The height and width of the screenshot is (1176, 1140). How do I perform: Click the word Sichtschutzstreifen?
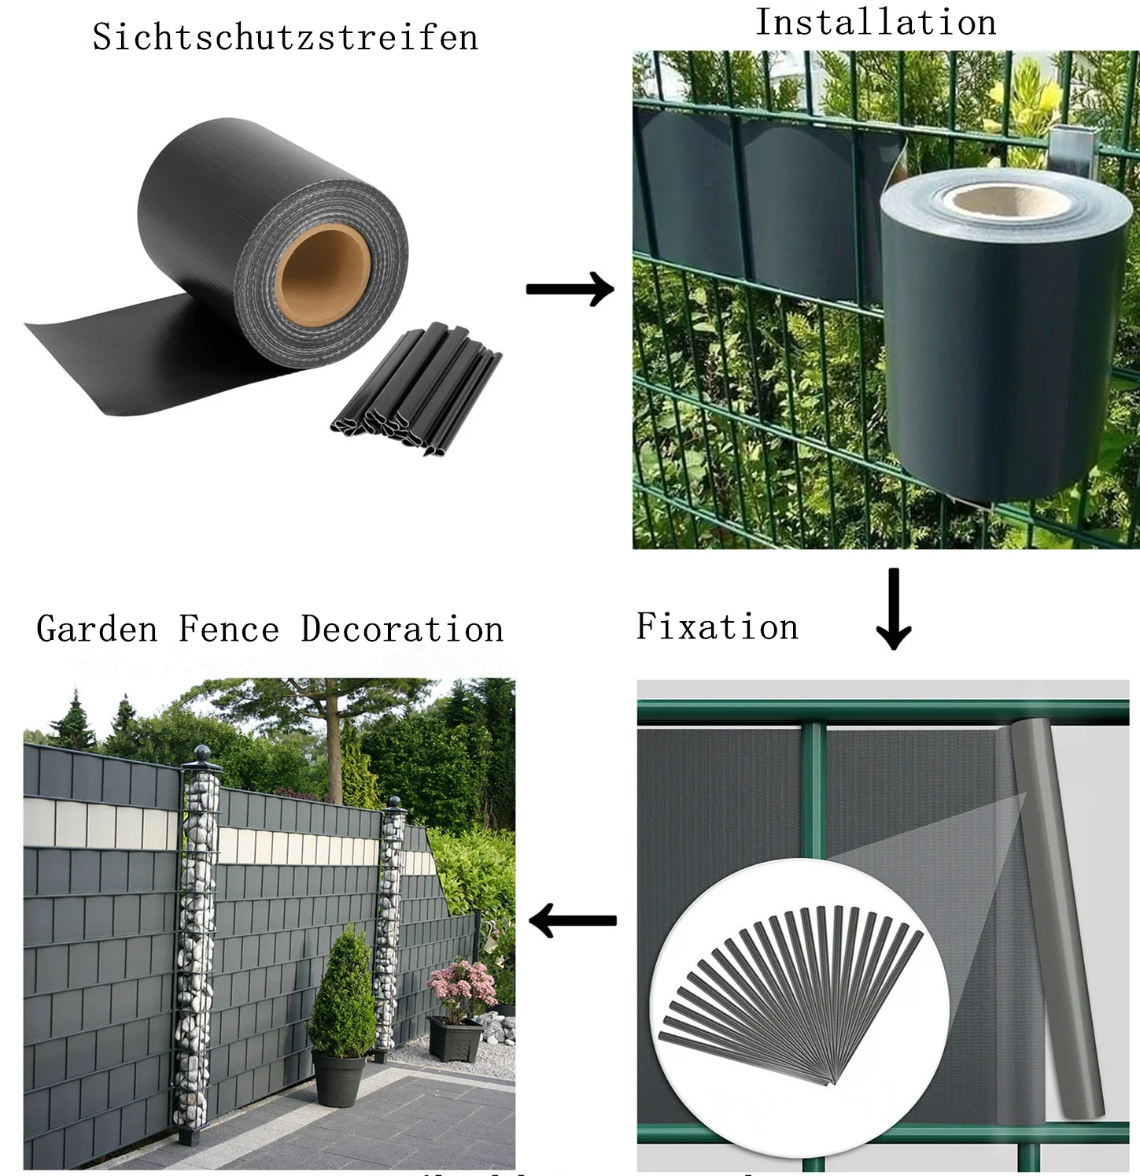(285, 37)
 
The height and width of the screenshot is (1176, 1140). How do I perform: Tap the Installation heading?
(876, 22)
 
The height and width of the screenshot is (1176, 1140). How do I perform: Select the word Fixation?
(717, 627)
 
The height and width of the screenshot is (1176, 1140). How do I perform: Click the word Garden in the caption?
(97, 629)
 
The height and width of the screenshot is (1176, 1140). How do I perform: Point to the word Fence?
(229, 629)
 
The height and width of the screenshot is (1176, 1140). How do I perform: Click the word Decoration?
(402, 629)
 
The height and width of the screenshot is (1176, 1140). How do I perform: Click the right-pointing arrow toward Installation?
(570, 289)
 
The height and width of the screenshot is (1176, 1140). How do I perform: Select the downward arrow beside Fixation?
(894, 609)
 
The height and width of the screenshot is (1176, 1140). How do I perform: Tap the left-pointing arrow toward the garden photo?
(572, 920)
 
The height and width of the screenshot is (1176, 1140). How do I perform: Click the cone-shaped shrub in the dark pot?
(343, 996)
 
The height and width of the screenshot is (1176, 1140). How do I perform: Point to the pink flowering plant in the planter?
(461, 989)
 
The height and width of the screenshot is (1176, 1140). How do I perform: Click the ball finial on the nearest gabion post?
(203, 754)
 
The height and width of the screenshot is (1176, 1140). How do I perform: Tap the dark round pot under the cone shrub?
(338, 1078)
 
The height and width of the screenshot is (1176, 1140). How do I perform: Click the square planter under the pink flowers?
(455, 1039)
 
